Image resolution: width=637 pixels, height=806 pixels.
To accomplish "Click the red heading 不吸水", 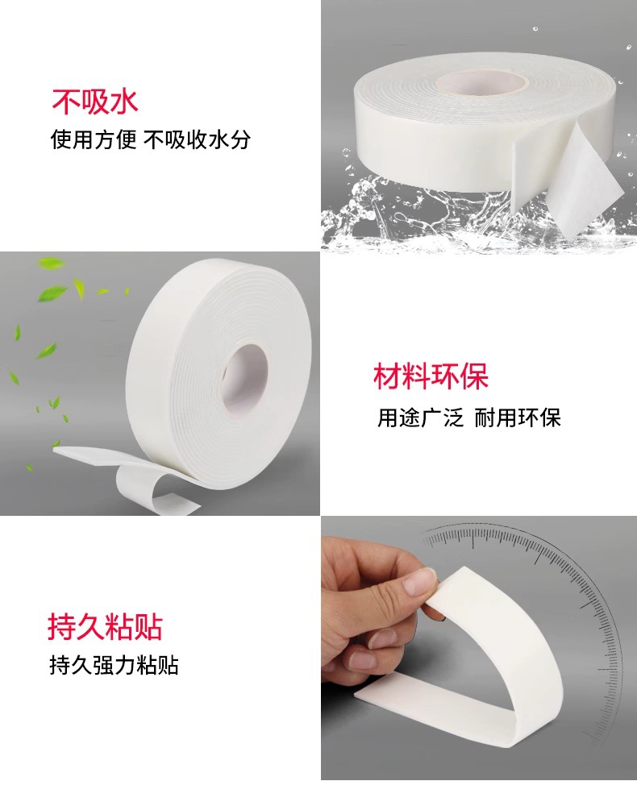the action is click(x=95, y=102).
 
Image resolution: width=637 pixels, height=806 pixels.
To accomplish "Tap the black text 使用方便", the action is click(x=94, y=139).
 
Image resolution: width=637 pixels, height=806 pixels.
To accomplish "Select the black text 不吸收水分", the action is click(x=198, y=139).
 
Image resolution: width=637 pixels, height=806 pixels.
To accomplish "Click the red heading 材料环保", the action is click(x=431, y=376).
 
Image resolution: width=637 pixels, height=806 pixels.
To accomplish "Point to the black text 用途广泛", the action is click(x=421, y=418).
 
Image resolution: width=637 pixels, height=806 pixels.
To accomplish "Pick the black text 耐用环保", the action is click(x=517, y=418).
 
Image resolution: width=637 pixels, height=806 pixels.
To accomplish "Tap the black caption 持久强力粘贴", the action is click(x=114, y=665).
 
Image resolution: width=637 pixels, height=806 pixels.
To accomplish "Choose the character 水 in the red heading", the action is click(x=125, y=102).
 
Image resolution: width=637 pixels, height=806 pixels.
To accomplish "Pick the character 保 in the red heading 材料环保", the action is click(x=474, y=376).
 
